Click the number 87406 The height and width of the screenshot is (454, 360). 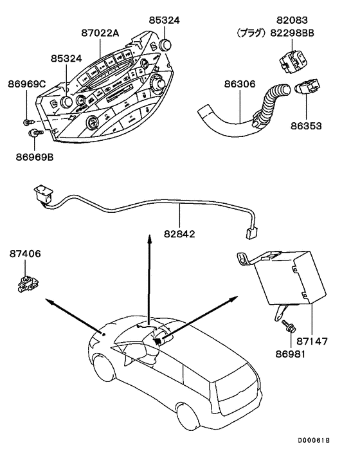(x=26, y=254)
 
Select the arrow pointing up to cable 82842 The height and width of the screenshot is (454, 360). (x=149, y=277)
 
